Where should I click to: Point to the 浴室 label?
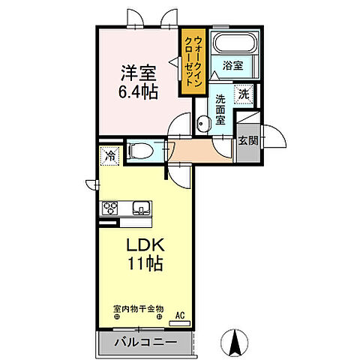(233, 66)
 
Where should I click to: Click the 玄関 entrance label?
(247, 139)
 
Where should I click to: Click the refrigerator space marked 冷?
(109, 157)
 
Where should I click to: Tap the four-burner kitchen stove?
(111, 208)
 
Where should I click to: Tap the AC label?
(180, 315)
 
